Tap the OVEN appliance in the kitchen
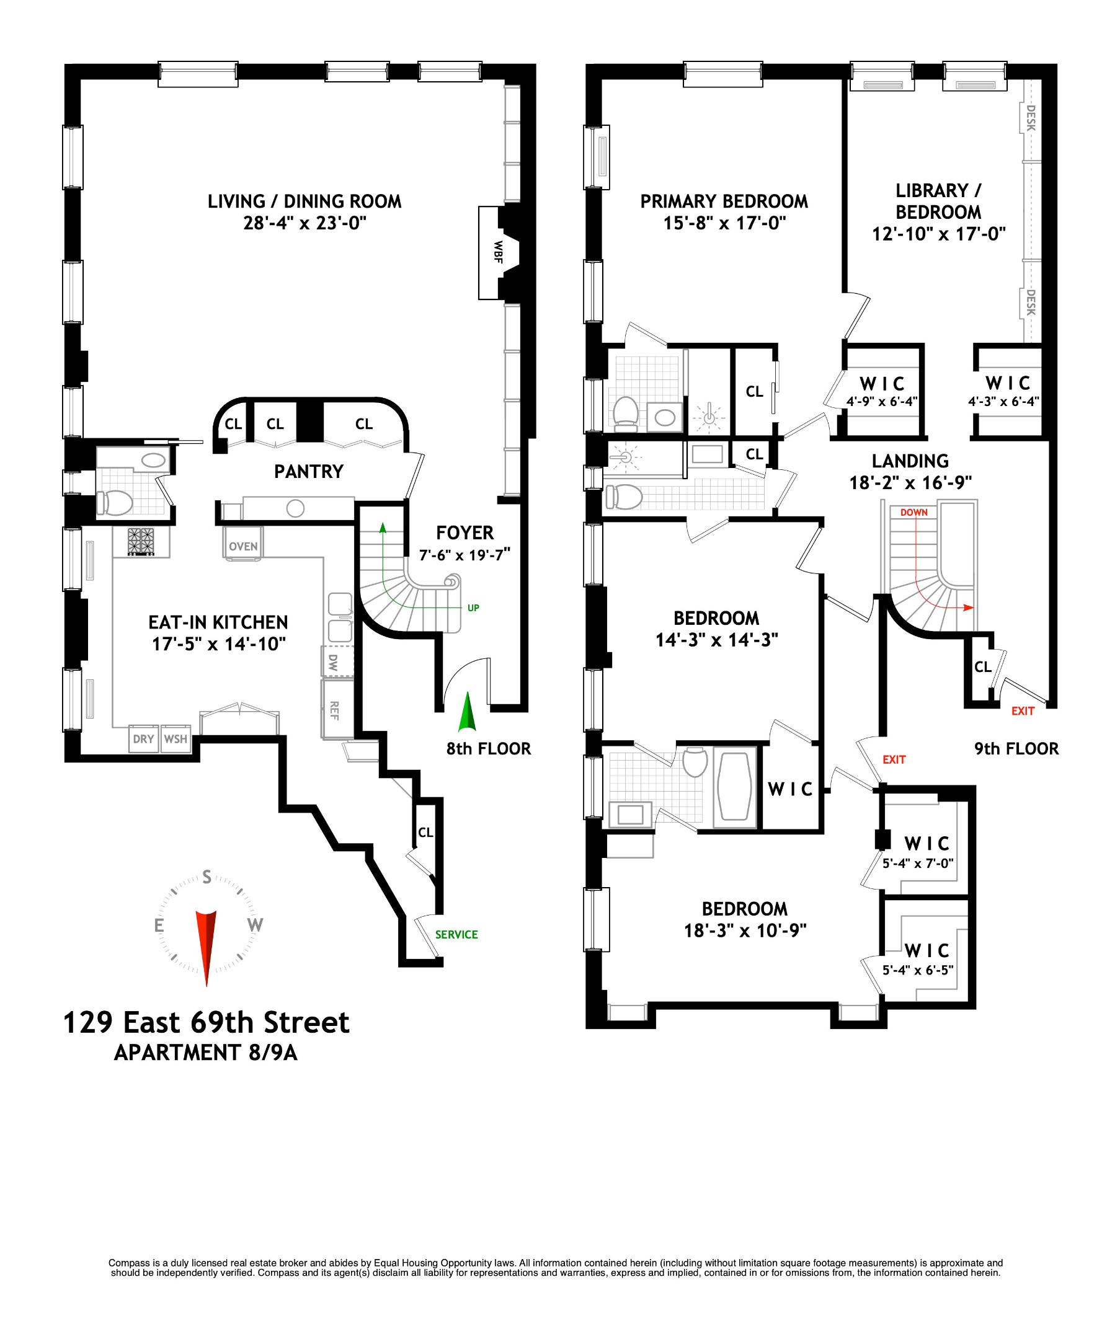point(243,546)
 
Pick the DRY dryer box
point(143,738)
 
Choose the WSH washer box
point(176,738)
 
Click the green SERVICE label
point(456,935)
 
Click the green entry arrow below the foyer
point(468,712)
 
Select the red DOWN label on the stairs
point(914,512)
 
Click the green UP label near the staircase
point(473,608)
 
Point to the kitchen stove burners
point(141,541)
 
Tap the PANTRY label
point(309,471)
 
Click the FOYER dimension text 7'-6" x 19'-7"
point(465,555)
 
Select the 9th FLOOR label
point(1016,749)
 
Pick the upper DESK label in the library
point(1031,117)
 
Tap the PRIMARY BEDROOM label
point(723,201)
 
